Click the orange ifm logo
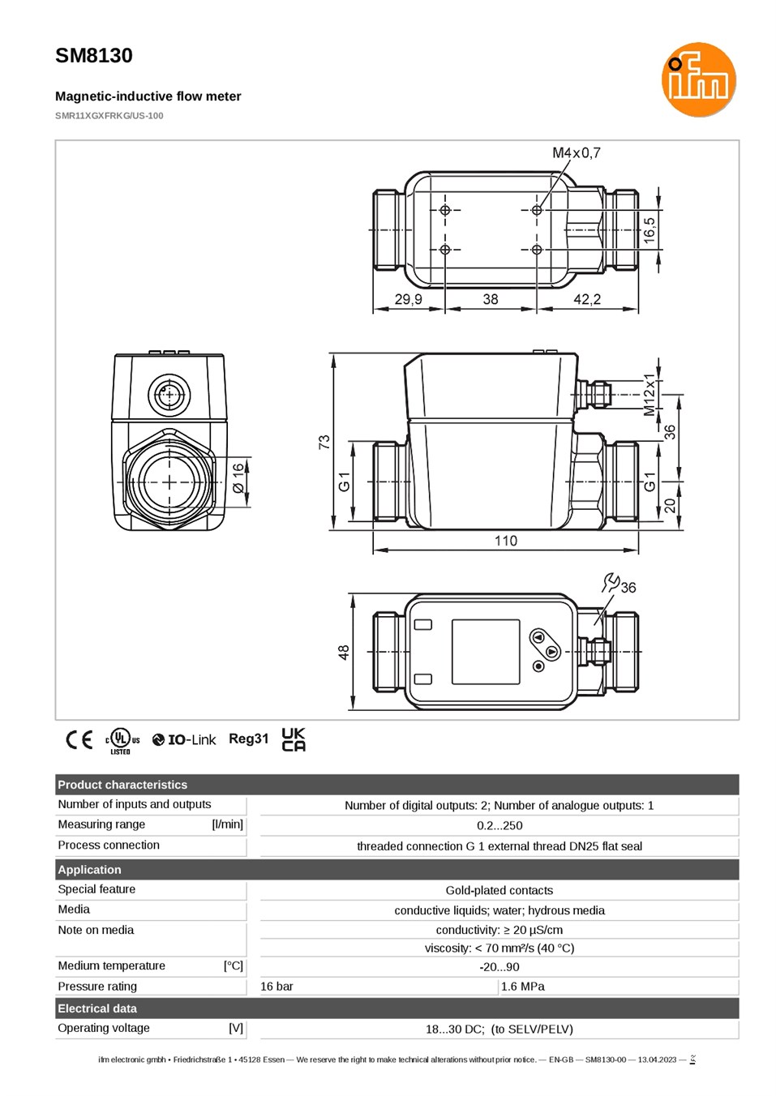tap(698, 79)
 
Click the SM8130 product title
tap(93, 56)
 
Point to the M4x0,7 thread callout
tap(576, 153)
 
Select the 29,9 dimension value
tap(408, 298)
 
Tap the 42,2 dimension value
tap(586, 298)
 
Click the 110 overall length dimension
tap(505, 541)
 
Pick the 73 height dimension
tap(324, 442)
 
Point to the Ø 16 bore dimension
tap(238, 478)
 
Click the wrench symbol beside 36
tap(610, 582)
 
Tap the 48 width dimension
tap(344, 652)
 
